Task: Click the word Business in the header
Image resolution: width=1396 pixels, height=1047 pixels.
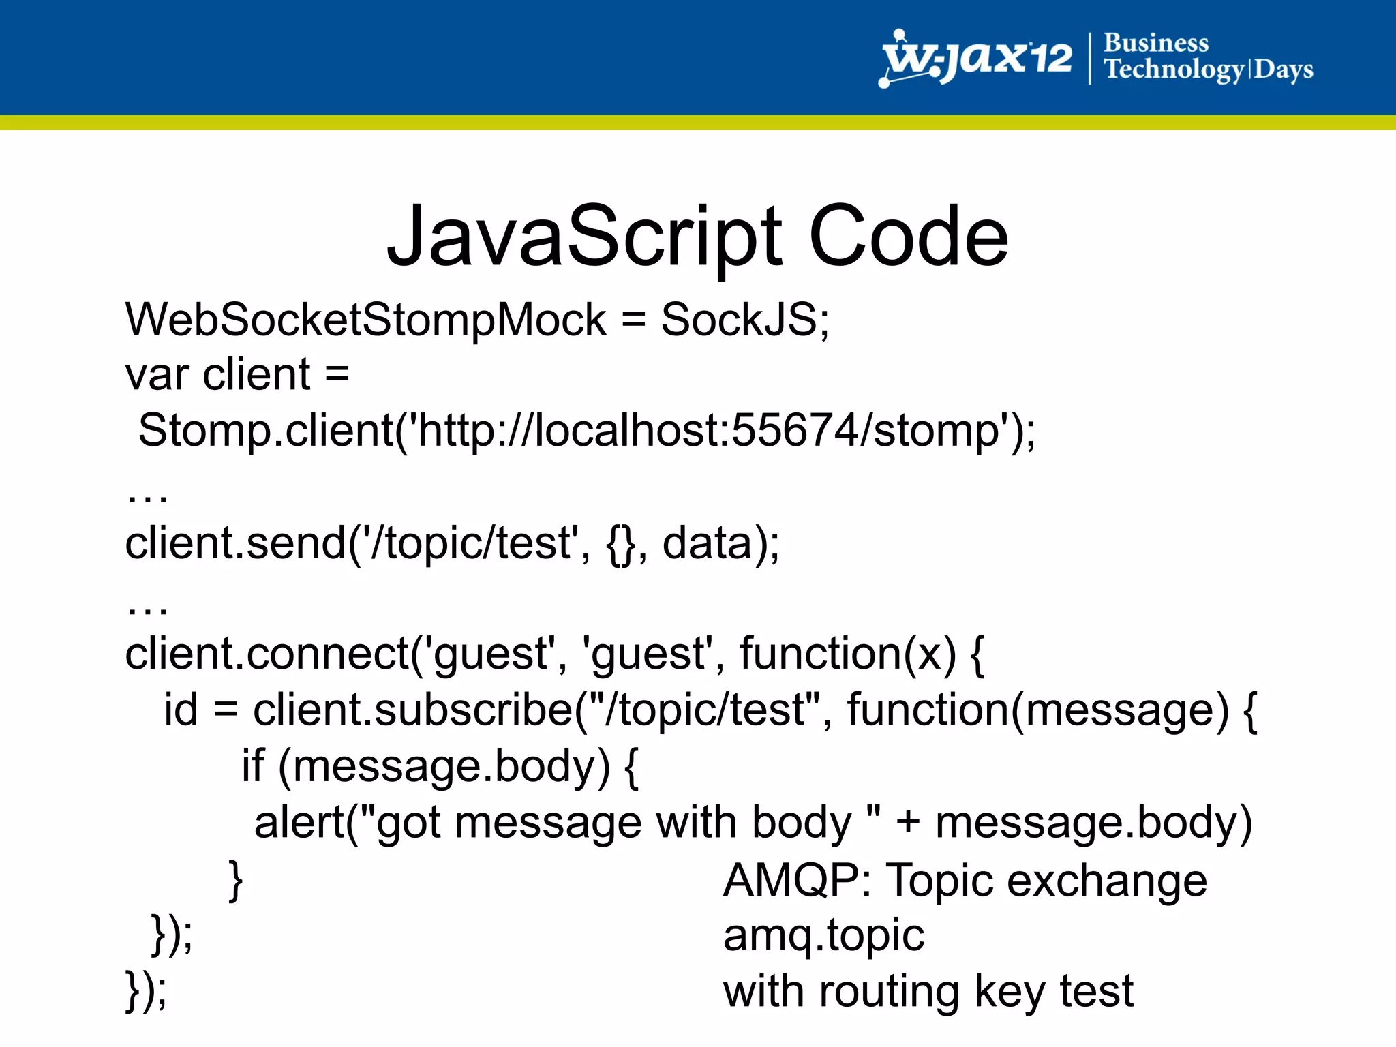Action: point(1156,43)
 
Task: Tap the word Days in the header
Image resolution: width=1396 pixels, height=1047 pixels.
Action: point(1284,70)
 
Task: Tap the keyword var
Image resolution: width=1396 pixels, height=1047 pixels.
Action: point(157,375)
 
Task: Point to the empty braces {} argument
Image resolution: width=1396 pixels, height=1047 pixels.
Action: point(620,544)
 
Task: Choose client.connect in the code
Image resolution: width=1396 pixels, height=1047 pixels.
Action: point(267,653)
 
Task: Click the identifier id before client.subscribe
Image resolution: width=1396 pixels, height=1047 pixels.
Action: point(181,709)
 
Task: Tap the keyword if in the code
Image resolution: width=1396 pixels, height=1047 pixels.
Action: point(252,765)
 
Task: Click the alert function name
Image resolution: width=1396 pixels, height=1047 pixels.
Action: point(299,822)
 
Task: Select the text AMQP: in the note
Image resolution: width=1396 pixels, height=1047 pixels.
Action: point(797,880)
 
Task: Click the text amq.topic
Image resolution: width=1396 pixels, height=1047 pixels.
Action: point(823,936)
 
